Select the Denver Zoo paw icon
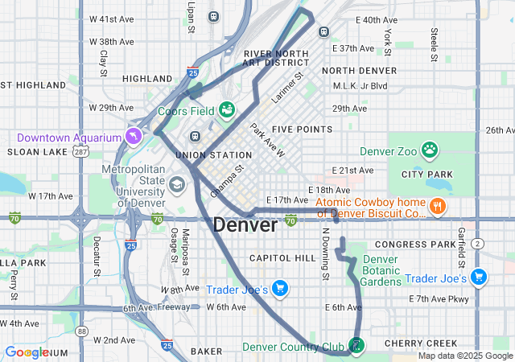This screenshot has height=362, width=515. tap(431, 150)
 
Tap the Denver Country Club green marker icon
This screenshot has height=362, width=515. tap(356, 346)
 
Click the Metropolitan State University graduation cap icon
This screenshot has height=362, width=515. tap(175, 186)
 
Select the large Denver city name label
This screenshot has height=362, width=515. tap(245, 225)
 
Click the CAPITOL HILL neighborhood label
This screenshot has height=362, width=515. tap(282, 257)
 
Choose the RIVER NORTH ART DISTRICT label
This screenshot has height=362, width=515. tap(277, 58)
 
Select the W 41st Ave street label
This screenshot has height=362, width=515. tap(111, 19)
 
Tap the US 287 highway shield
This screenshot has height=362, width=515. tap(80, 151)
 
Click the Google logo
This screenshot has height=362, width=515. tap(27, 352)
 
